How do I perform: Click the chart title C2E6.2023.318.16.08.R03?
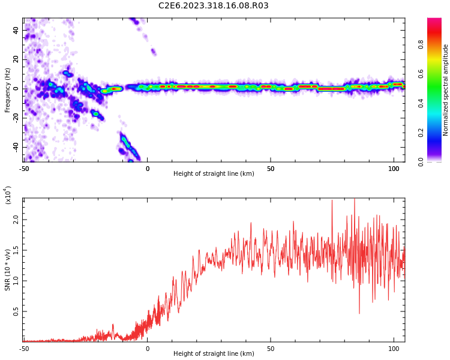tap(213, 5)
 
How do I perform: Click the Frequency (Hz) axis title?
tap(7, 90)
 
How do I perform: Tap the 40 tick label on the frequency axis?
tap(16, 31)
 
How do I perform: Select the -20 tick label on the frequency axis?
tap(16, 118)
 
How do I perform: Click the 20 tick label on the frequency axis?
tap(16, 59)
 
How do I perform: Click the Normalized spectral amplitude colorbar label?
tap(445, 90)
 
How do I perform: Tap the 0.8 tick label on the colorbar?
tap(421, 44)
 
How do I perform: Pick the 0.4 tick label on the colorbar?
tap(421, 103)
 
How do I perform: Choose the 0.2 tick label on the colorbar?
tap(421, 133)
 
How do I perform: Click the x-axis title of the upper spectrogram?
tap(214, 173)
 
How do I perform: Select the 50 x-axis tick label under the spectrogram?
tap(271, 169)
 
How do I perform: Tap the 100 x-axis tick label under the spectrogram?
tap(394, 169)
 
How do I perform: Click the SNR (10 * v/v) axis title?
tap(7, 270)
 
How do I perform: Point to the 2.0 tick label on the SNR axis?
tap(16, 220)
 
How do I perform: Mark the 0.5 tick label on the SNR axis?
tap(16, 311)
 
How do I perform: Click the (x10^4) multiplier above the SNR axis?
tap(8, 195)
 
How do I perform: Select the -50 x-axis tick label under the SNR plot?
tap(25, 349)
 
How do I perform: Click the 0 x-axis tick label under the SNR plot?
tap(148, 349)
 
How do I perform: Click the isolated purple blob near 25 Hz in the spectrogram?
tap(153, 52)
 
